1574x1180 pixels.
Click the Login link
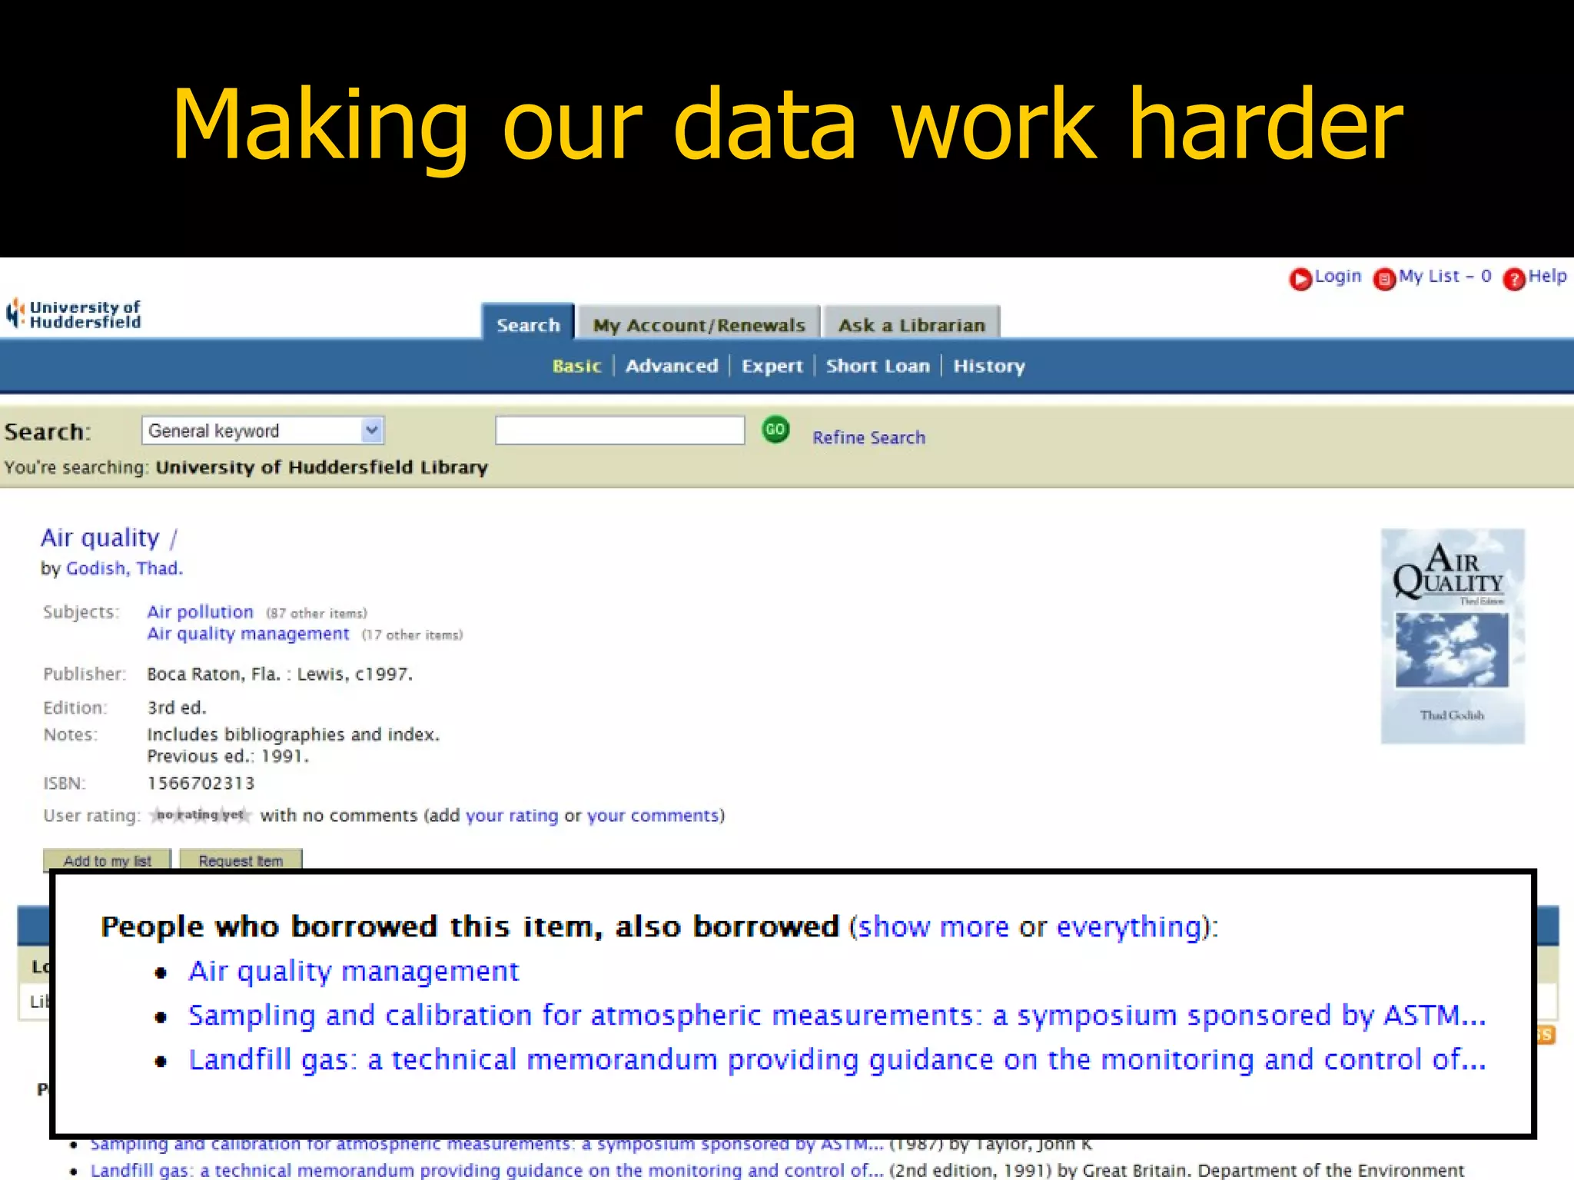[1337, 277]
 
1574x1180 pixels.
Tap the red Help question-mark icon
[1514, 279]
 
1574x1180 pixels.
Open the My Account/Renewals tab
[699, 325]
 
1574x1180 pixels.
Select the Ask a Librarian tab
[912, 325]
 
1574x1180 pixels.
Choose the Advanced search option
[672, 366]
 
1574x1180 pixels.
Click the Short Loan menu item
[878, 366]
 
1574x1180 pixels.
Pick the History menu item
[989, 366]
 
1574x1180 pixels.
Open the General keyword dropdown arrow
[372, 430]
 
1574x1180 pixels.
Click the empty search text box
[619, 430]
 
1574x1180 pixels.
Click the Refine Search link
[868, 437]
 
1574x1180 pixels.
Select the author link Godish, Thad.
[125, 568]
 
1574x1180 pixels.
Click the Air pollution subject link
[200, 612]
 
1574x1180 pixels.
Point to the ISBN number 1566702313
[201, 784]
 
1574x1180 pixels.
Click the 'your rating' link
[512, 816]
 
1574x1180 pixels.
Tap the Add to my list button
[108, 860]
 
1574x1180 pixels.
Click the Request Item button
[241, 860]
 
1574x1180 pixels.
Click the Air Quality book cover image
[1452, 636]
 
